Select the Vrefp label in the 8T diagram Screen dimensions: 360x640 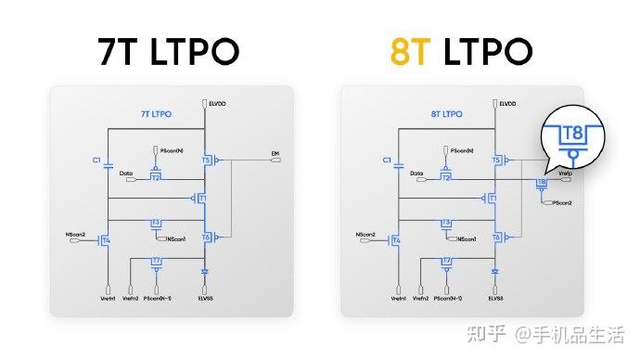pyautogui.click(x=566, y=173)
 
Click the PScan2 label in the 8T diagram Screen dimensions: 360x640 pyautogui.click(x=562, y=201)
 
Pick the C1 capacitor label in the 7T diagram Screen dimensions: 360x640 pyautogui.click(x=96, y=160)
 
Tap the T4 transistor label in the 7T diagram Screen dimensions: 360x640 pyautogui.click(x=107, y=241)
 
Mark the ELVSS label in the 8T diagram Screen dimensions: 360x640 pyautogui.click(x=495, y=299)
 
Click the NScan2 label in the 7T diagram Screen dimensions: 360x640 pyautogui.click(x=76, y=234)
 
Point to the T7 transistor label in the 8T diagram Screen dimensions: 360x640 pyautogui.click(x=447, y=261)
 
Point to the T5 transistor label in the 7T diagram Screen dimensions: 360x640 pyautogui.click(x=205, y=161)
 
